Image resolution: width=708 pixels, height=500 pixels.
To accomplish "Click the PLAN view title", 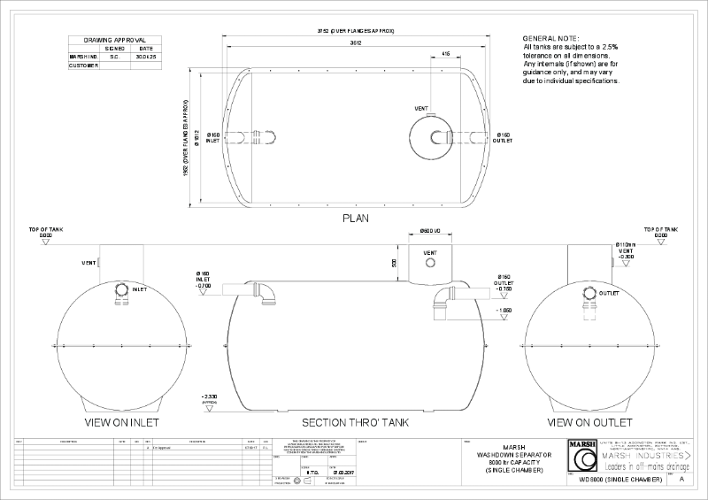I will coord(355,217).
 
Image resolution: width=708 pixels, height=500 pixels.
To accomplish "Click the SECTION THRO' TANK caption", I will coord(355,423).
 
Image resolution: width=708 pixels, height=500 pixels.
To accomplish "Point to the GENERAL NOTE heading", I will coord(551,40).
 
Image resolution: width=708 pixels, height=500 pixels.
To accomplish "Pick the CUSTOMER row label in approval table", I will coord(83,65).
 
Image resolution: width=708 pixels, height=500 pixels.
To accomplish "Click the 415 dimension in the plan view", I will coord(445,54).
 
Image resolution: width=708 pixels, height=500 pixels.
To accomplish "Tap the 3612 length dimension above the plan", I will coord(355,42).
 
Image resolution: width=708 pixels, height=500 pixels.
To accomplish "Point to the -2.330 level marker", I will coord(210,396).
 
